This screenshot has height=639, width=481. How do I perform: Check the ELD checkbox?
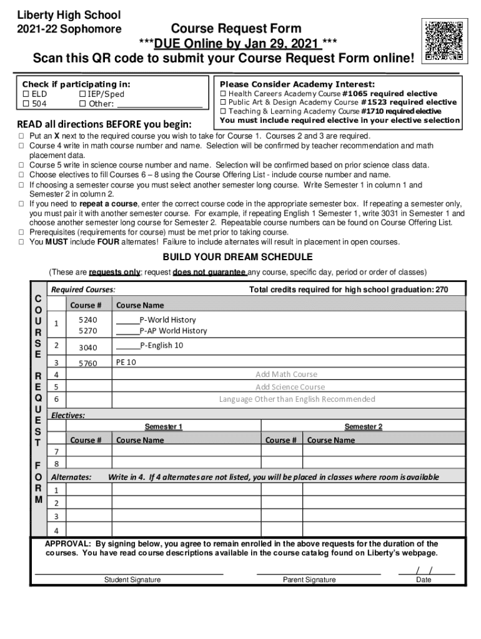[26, 94]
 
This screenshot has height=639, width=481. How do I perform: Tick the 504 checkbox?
[26, 104]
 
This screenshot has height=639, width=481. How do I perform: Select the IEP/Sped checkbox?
[82, 94]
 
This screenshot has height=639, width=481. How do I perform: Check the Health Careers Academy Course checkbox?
[222, 93]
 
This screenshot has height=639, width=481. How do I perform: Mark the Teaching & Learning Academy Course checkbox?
[222, 111]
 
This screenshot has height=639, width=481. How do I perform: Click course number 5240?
[87, 319]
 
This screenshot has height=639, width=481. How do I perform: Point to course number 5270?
[87, 331]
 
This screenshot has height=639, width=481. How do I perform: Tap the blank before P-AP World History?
[127, 331]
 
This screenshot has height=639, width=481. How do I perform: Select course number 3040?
[87, 348]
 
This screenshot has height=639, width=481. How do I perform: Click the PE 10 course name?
[126, 362]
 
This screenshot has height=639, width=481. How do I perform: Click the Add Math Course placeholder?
[286, 374]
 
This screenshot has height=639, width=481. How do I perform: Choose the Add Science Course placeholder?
[290, 387]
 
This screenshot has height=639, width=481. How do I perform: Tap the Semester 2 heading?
[363, 427]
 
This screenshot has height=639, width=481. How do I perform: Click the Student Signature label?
[132, 580]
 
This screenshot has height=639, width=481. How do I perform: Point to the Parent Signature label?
[309, 580]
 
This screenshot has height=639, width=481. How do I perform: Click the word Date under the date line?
[424, 580]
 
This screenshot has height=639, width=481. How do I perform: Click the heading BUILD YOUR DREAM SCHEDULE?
[237, 257]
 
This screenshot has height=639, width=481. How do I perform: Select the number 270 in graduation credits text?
[441, 290]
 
